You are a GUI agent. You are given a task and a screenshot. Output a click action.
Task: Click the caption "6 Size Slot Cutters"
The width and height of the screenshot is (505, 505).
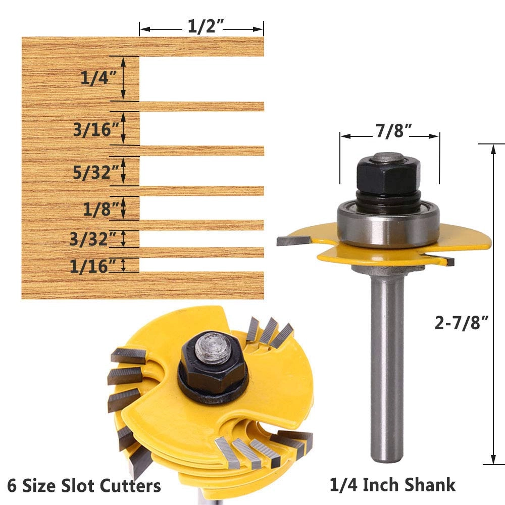[81, 486]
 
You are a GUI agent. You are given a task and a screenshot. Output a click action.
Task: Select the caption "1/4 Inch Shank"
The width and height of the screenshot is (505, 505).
[392, 485]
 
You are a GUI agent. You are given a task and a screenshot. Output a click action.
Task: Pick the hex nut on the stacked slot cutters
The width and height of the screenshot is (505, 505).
[211, 358]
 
